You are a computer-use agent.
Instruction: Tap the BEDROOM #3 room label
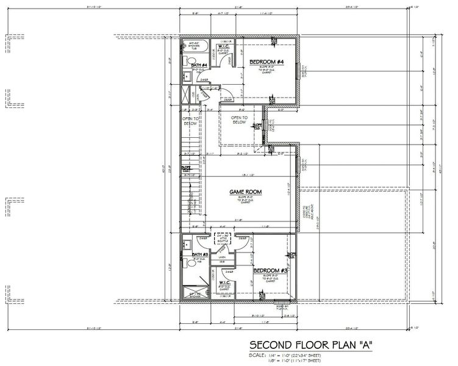coord(270,270)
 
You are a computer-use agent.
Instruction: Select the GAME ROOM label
coord(245,192)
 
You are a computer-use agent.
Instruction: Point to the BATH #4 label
coord(200,65)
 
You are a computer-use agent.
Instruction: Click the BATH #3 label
coord(201,254)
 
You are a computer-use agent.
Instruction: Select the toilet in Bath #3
coord(186,246)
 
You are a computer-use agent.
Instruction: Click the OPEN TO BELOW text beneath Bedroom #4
coord(239,120)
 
